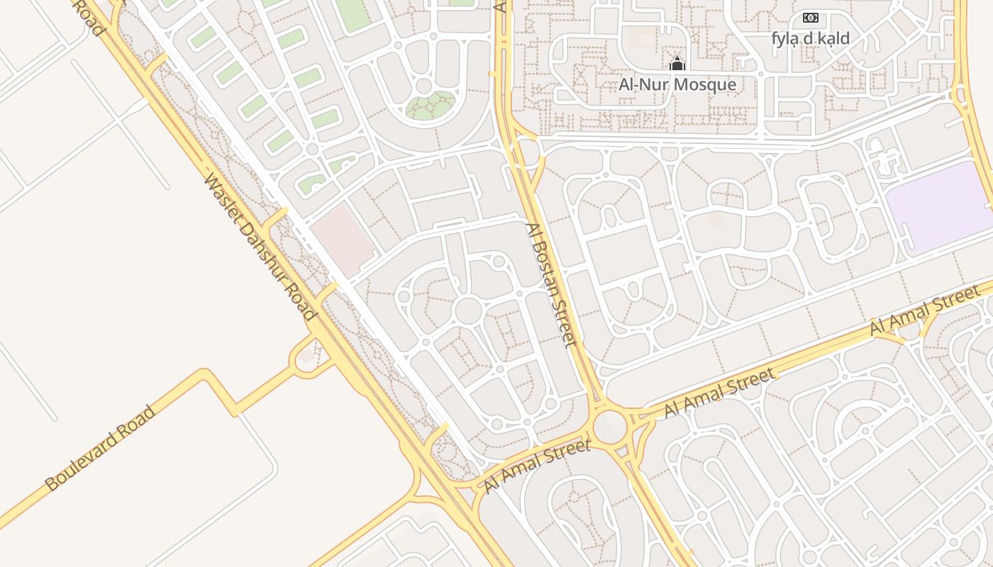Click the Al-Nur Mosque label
click(x=677, y=85)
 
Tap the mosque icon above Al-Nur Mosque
click(x=677, y=64)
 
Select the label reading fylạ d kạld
click(x=810, y=38)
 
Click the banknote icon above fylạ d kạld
click(x=810, y=18)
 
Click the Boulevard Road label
click(x=100, y=448)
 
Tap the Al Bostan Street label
click(x=548, y=285)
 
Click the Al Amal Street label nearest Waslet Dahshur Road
click(x=537, y=466)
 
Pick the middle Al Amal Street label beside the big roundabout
click(x=720, y=393)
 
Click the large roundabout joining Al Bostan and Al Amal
click(x=610, y=427)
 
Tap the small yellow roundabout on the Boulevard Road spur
click(x=306, y=359)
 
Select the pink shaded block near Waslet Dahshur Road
click(x=343, y=240)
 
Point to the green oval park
click(x=431, y=106)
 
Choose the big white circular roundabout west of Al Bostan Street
click(x=468, y=310)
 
